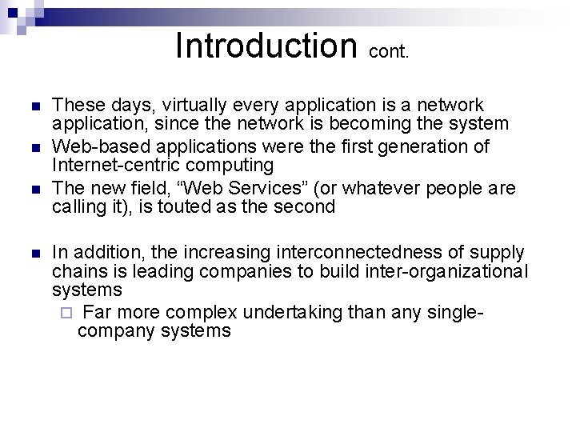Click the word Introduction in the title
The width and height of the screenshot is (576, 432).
[266, 46]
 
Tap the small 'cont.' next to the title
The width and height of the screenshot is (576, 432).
[390, 53]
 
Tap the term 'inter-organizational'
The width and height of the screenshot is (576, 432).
[448, 272]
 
